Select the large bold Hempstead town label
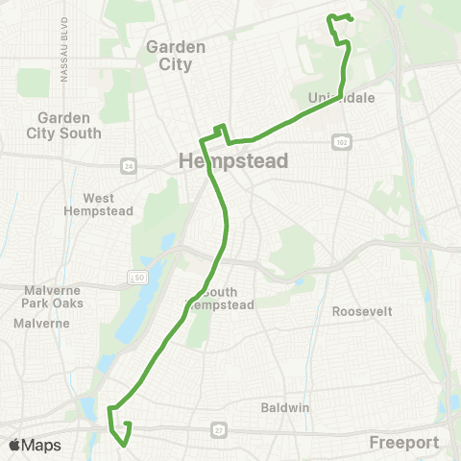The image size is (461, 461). click(233, 161)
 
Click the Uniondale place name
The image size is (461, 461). click(341, 98)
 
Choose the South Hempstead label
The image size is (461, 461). click(230, 298)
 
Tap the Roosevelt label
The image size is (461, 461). click(362, 312)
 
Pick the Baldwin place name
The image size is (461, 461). click(285, 407)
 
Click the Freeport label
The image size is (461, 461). click(404, 444)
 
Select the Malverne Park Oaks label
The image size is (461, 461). click(42, 295)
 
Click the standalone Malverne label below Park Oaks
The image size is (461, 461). click(42, 324)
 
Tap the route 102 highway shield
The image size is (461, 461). click(340, 142)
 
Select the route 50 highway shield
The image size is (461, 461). click(140, 277)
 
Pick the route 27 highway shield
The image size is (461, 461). click(220, 429)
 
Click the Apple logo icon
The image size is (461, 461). click(15, 445)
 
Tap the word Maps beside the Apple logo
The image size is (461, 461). click(41, 446)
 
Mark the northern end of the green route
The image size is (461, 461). click(352, 19)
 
